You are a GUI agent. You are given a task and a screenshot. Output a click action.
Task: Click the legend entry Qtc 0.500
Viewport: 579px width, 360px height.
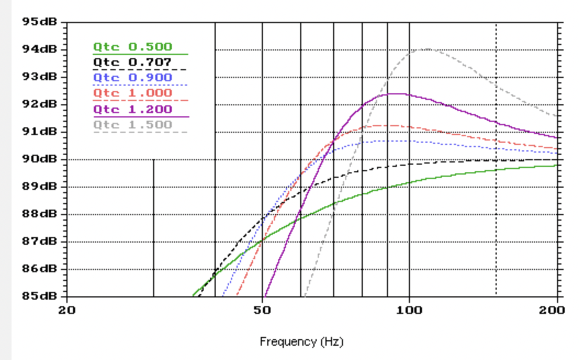point(132,47)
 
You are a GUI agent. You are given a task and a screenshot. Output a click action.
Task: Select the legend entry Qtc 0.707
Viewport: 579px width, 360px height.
point(132,63)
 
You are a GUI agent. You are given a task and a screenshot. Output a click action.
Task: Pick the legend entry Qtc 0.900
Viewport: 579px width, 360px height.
point(132,78)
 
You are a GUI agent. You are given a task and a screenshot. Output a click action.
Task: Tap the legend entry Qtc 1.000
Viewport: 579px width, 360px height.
point(132,93)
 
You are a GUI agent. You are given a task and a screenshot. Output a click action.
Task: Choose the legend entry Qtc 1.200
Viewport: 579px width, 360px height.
point(132,109)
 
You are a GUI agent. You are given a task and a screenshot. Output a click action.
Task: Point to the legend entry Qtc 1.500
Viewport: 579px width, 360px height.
point(132,125)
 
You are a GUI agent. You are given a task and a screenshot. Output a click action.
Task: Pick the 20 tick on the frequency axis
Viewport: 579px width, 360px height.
point(67,310)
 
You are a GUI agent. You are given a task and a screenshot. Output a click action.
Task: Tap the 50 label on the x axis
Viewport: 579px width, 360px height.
point(263,310)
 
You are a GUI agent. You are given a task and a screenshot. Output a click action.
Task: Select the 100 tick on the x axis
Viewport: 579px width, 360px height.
point(409,310)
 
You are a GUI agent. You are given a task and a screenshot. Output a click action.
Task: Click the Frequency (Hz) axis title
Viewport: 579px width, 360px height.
point(301,342)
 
